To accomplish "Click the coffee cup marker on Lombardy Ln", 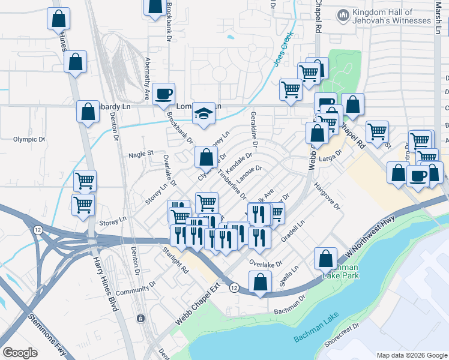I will point(163,94).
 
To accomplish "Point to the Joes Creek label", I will point(285,47).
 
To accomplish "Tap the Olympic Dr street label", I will point(29,139).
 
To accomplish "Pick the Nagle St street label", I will point(141,154).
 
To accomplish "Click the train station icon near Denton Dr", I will point(141,318).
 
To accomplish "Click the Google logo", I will point(20,352).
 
